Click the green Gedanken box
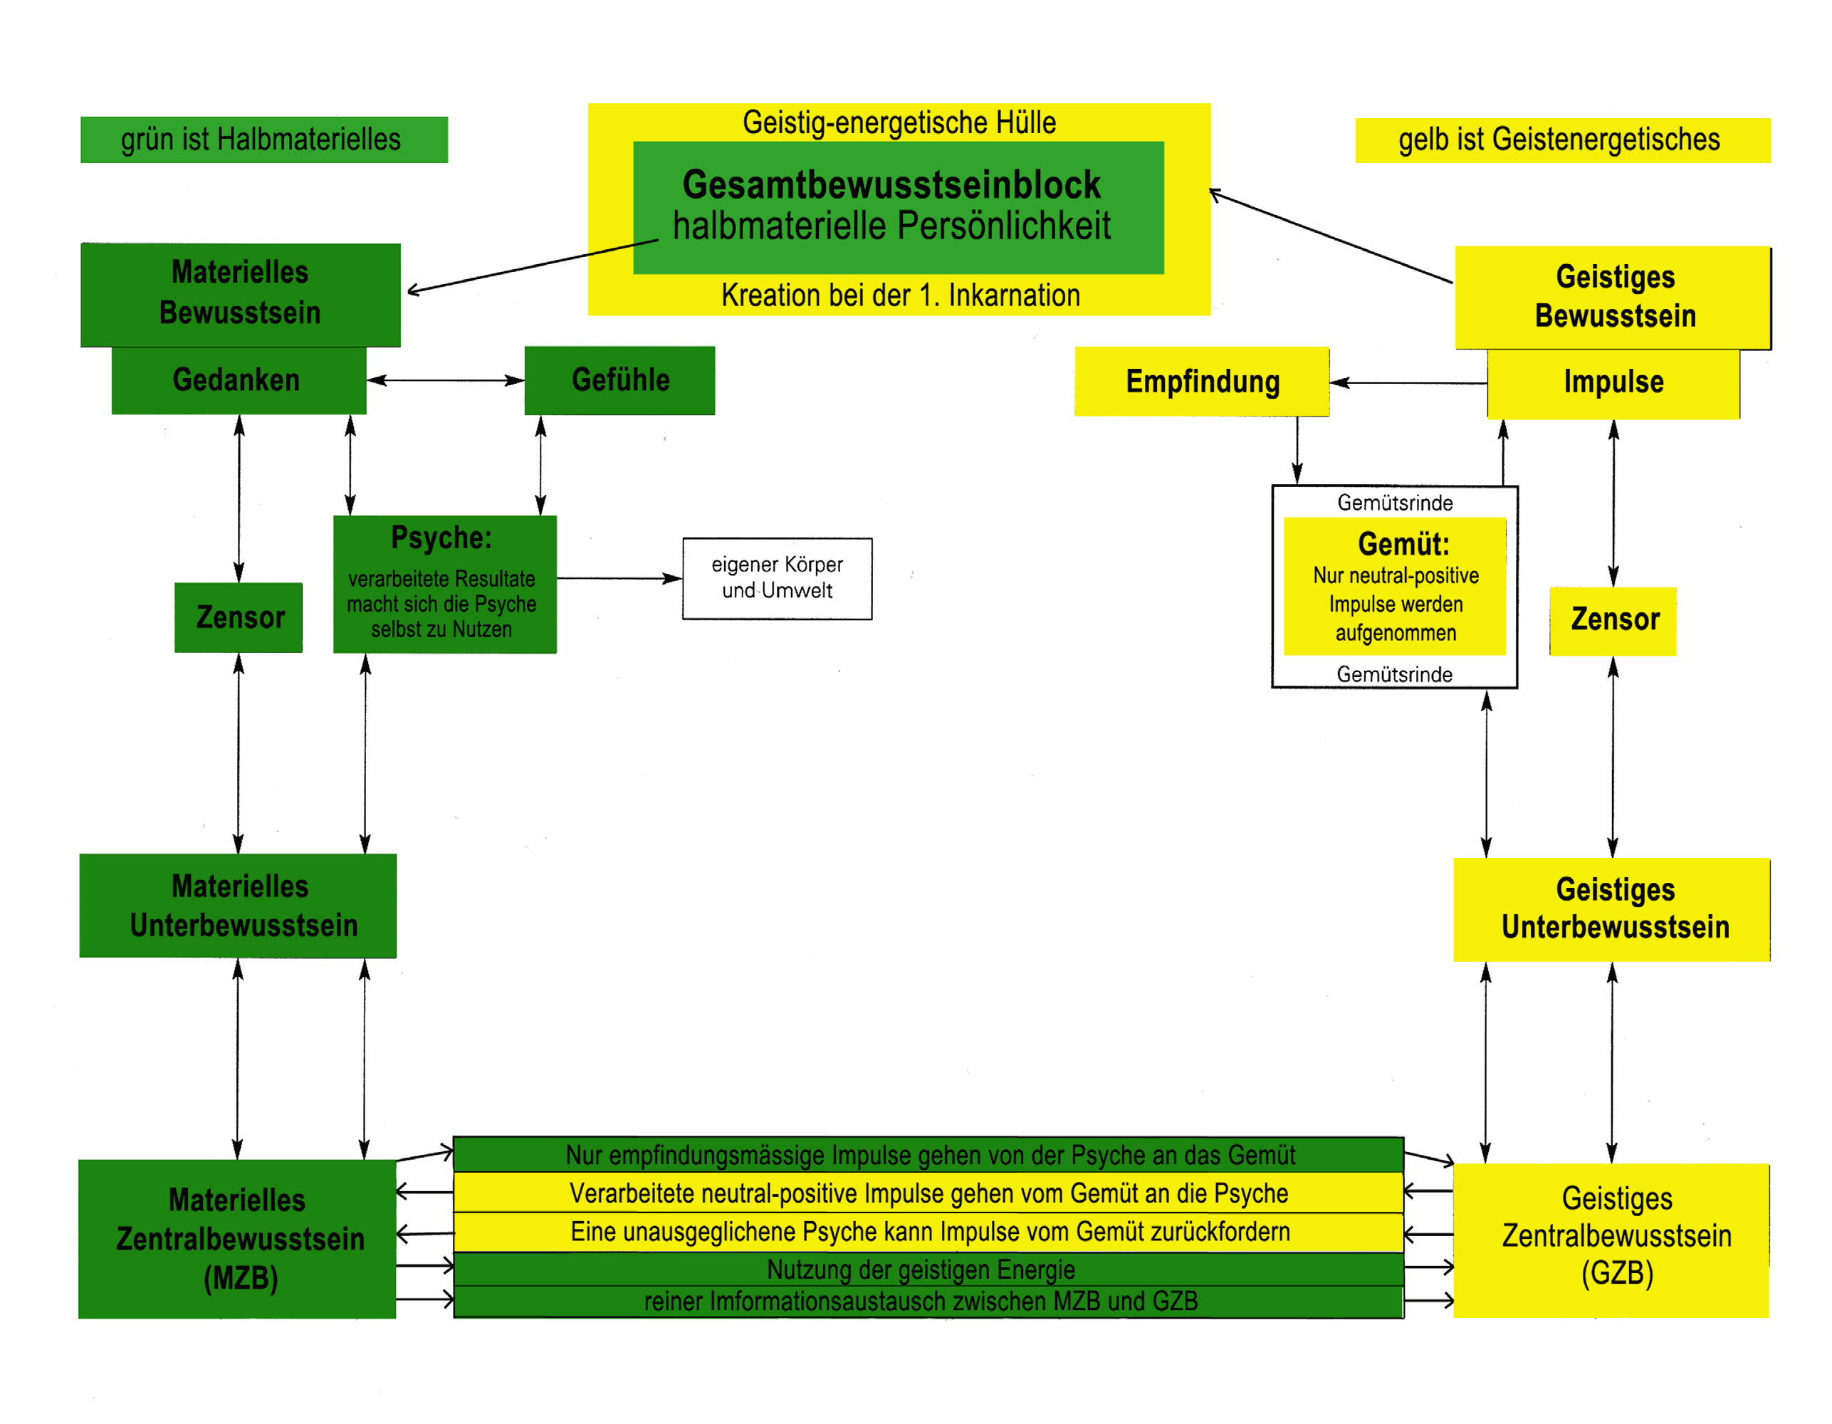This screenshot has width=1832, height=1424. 239,380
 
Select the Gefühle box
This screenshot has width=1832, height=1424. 620,380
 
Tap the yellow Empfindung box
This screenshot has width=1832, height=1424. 1201,382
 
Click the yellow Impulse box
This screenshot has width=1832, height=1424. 1612,382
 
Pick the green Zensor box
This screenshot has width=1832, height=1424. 239,617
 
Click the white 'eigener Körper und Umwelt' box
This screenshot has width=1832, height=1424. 777,578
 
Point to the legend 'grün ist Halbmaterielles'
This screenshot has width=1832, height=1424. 263,140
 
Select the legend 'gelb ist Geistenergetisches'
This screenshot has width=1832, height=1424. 1562,140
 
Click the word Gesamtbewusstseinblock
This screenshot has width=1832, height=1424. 891,184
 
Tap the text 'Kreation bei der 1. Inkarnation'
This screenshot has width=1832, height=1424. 900,295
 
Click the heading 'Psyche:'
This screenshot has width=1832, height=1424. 442,538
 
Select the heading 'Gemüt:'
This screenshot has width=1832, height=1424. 1403,543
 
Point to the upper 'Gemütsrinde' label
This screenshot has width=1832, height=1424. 1394,503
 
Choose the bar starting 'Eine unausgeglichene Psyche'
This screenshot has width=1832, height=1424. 929,1232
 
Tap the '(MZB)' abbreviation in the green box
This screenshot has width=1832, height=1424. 240,1278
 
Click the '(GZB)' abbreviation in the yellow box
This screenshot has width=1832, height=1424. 1616,1273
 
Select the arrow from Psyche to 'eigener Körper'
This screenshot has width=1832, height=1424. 619,578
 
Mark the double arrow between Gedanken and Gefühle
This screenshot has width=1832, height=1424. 446,380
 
